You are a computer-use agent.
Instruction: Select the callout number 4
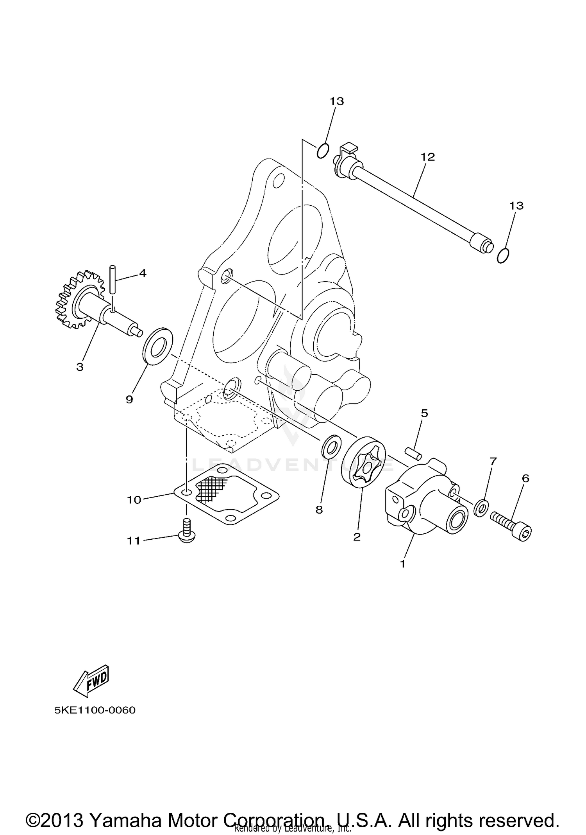click(143, 273)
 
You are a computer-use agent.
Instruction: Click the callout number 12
click(428, 157)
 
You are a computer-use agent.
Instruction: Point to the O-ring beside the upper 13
click(322, 151)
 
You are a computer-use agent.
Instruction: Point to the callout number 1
click(402, 564)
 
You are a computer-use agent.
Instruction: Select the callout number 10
click(134, 500)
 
